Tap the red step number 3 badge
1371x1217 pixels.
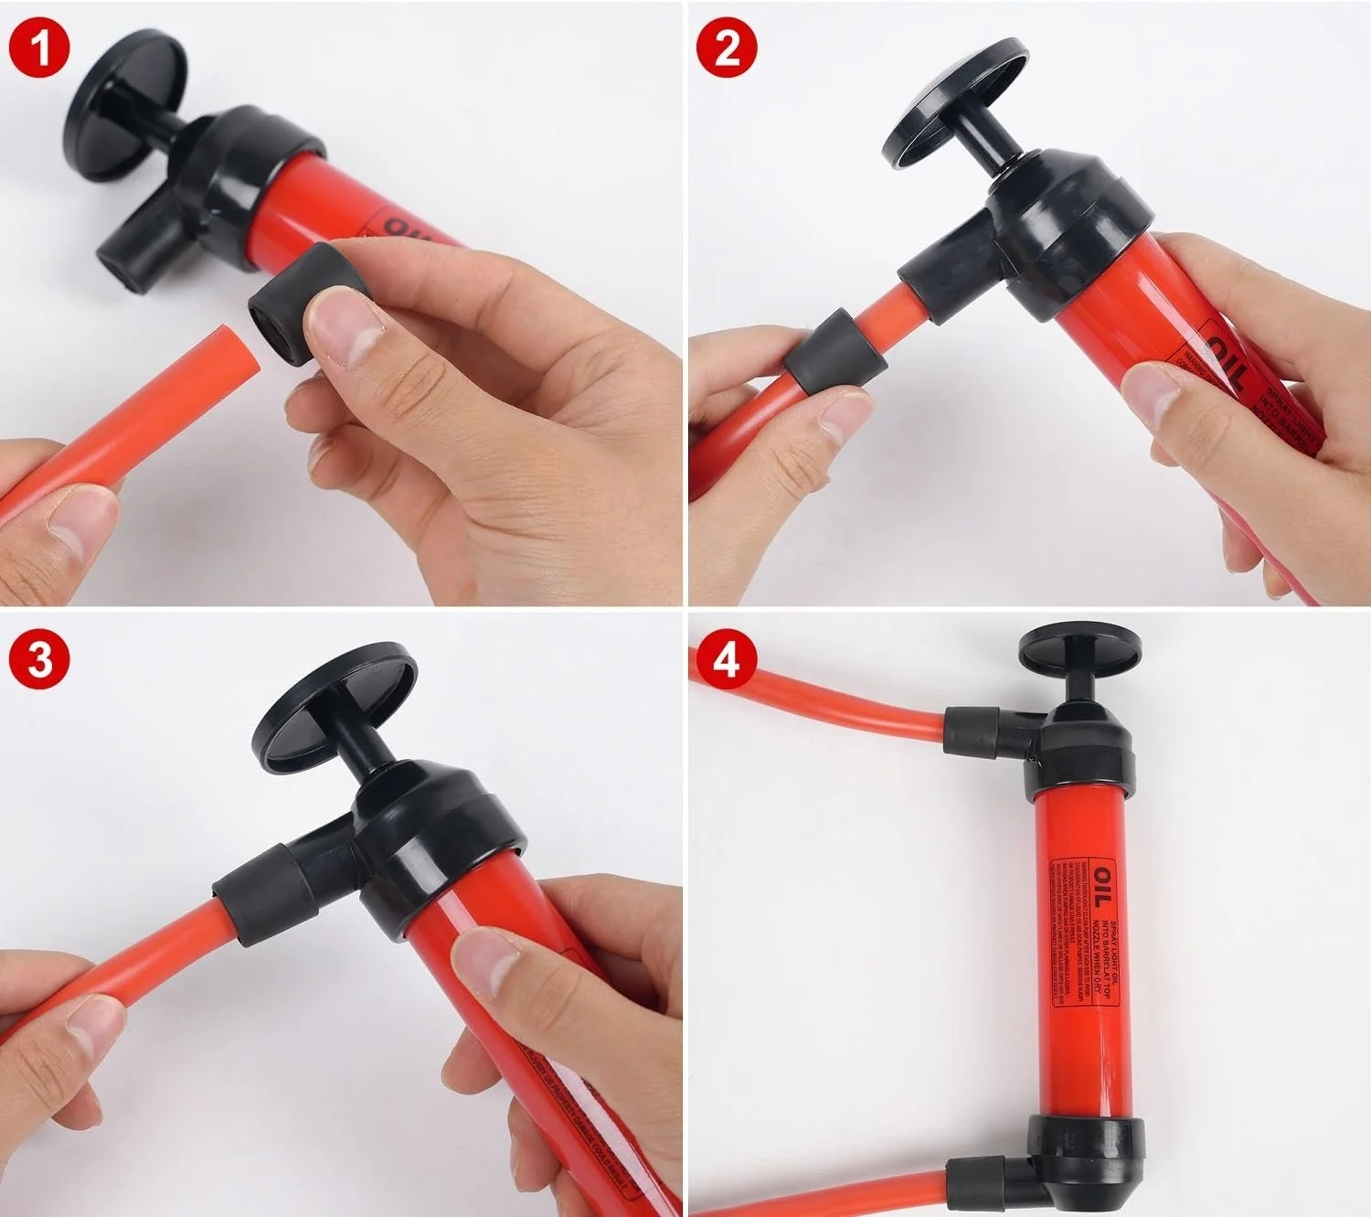click(39, 659)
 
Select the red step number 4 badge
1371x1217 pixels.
click(727, 658)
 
